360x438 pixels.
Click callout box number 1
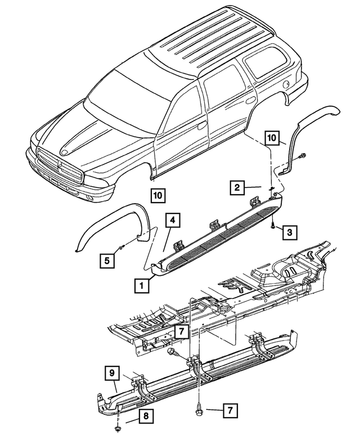click(142, 286)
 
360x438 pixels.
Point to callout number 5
click(105, 260)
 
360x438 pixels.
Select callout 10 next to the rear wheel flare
click(273, 138)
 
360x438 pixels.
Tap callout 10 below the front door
click(157, 195)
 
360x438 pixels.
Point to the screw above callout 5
click(120, 249)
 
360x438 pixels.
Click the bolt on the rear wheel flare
click(304, 156)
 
